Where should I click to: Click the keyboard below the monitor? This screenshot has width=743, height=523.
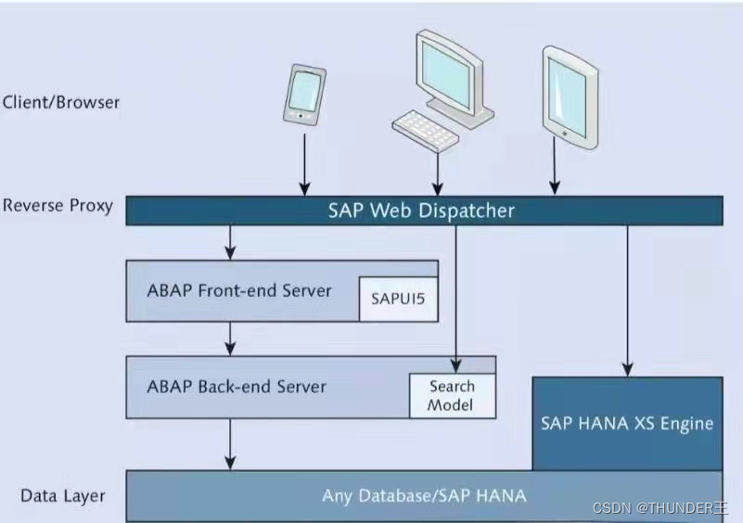tap(425, 131)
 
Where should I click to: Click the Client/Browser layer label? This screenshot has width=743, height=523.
tap(61, 102)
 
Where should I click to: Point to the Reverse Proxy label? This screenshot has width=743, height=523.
tap(58, 205)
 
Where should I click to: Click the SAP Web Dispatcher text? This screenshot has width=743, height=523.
tap(421, 210)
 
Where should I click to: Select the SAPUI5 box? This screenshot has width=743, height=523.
tap(398, 299)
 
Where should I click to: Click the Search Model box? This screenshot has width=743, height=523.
tap(452, 395)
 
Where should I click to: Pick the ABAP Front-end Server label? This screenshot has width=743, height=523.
tap(239, 290)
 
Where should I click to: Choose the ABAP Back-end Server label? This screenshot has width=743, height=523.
tap(237, 386)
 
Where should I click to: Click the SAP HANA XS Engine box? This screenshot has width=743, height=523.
tap(627, 423)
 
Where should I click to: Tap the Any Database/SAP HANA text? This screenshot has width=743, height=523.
tap(424, 495)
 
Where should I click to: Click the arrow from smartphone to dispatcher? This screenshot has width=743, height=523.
tap(303, 163)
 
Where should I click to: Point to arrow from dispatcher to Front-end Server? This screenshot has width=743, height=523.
tap(231, 242)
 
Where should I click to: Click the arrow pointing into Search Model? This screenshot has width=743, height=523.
tap(455, 297)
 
